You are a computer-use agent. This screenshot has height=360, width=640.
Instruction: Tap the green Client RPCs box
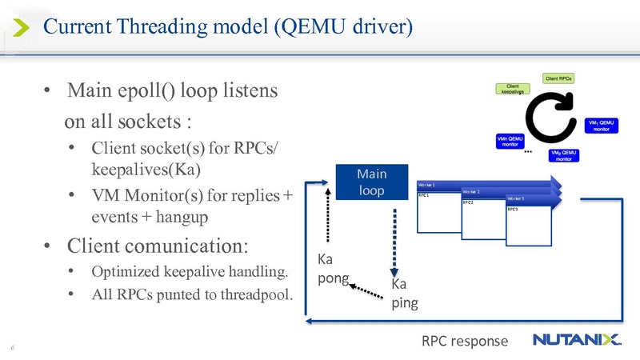tap(559, 78)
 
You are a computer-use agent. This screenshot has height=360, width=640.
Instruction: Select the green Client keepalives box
tap(513, 90)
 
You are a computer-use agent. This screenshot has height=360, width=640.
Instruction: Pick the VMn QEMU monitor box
tap(510, 141)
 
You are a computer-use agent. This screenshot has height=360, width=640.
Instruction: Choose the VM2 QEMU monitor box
tap(564, 155)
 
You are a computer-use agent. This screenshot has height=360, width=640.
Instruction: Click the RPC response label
tap(465, 341)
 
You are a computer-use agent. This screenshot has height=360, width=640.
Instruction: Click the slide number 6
tap(13, 348)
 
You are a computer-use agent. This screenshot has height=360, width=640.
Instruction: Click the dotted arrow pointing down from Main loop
tap(394, 240)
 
